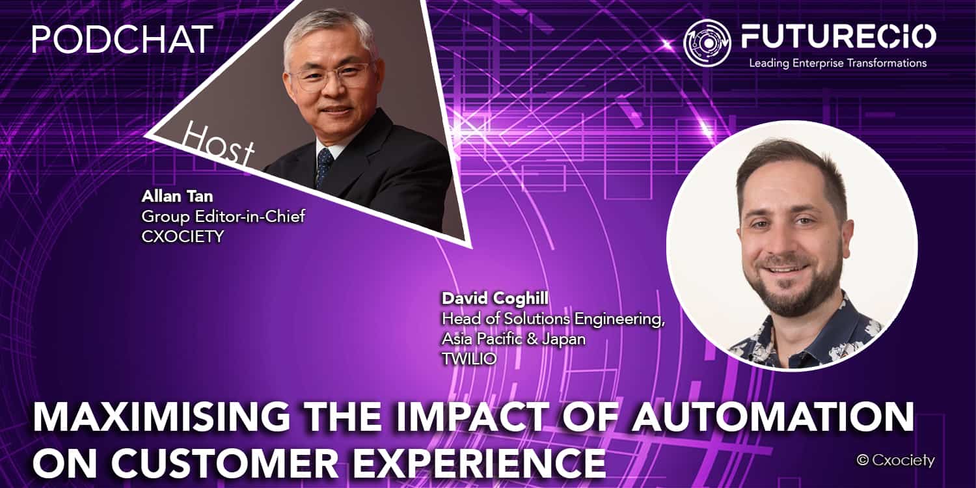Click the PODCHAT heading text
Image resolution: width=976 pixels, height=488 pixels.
(x=122, y=39)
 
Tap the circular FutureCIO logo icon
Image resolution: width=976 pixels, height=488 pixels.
(x=707, y=43)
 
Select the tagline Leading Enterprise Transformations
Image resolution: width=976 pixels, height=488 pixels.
(x=837, y=63)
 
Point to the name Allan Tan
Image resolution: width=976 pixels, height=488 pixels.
(x=177, y=197)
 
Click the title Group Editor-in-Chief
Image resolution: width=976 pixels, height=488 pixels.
(x=223, y=217)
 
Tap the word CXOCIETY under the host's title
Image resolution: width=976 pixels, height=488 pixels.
(x=182, y=237)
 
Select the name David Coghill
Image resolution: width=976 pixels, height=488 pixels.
(x=495, y=299)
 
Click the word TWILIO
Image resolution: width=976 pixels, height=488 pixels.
(x=469, y=359)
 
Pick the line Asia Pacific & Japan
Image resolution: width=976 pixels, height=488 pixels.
(x=514, y=338)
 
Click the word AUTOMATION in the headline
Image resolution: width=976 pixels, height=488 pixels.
(x=773, y=417)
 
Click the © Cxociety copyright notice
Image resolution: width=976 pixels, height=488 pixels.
(x=895, y=460)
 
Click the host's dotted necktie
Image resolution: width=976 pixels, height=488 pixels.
(x=324, y=168)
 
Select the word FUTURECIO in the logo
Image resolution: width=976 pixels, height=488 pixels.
(x=838, y=36)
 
